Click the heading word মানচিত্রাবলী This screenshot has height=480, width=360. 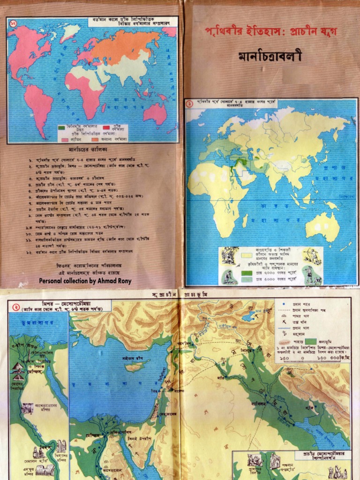tap(270, 57)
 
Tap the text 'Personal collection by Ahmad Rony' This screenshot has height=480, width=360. tap(85, 281)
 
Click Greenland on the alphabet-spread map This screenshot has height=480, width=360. tap(70, 31)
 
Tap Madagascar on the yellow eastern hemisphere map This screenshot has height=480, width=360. tap(245, 220)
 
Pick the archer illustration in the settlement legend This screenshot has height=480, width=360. tap(311, 256)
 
